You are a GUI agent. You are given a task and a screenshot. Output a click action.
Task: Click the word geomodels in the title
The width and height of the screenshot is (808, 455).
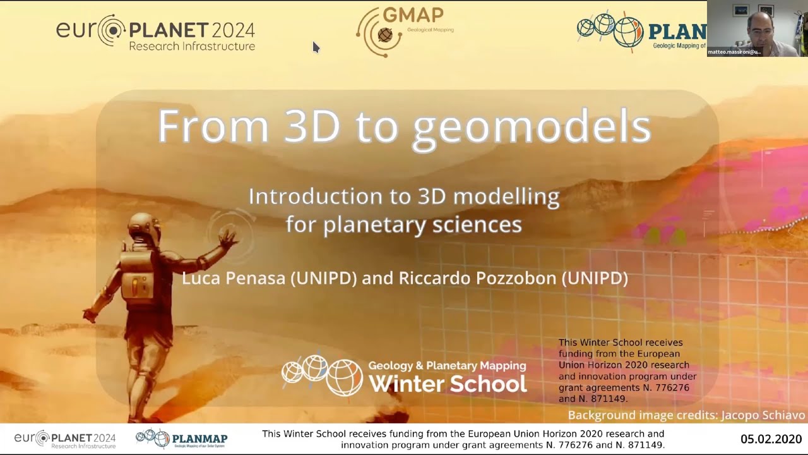[x=532, y=127]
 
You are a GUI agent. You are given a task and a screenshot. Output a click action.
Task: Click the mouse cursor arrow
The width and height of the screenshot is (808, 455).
[x=316, y=47]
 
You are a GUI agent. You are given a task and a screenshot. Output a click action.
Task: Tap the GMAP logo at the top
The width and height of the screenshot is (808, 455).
[x=404, y=32]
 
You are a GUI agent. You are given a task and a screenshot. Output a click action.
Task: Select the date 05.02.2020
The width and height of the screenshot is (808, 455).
[x=771, y=439]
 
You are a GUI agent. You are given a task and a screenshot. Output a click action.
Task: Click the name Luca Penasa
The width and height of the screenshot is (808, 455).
[x=234, y=278]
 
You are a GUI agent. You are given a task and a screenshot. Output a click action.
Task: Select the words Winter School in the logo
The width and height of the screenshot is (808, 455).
[x=447, y=384]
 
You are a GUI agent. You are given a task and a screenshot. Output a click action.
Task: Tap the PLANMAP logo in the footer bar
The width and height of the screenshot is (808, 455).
[x=182, y=439]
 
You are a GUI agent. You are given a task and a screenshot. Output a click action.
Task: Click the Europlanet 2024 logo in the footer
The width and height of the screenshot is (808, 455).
[x=65, y=439]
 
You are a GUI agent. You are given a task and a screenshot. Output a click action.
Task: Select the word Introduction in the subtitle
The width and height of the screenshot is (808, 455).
[x=316, y=197]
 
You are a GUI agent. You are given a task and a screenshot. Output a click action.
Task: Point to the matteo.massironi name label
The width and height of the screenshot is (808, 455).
[x=734, y=52]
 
